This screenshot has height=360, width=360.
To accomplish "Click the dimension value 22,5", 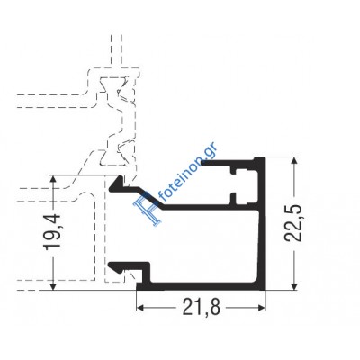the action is pos(293,223).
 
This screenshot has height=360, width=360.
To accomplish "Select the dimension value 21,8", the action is pos(202,308).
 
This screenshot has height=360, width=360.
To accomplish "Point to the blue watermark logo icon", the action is pos(148,208).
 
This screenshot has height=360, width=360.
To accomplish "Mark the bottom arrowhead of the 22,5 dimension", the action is pos(295,284).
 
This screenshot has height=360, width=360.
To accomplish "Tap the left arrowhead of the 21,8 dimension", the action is pos(142,308).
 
